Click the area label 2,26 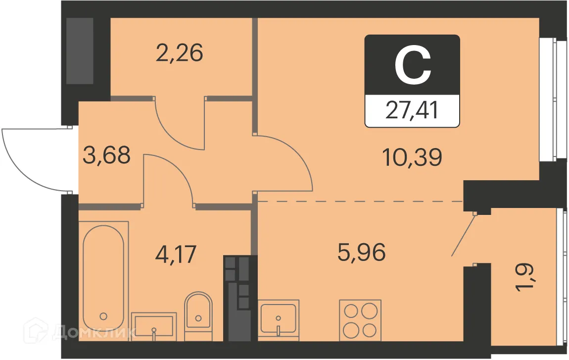point(179,53)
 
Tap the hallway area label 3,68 point(107,154)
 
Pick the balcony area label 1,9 point(526,279)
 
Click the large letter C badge point(413,65)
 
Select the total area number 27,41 point(412,110)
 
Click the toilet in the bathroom point(198,315)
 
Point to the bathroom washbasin point(154,325)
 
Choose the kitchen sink point(279,320)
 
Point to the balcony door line point(464,235)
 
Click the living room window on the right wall point(551,100)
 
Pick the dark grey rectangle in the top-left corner point(80,51)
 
